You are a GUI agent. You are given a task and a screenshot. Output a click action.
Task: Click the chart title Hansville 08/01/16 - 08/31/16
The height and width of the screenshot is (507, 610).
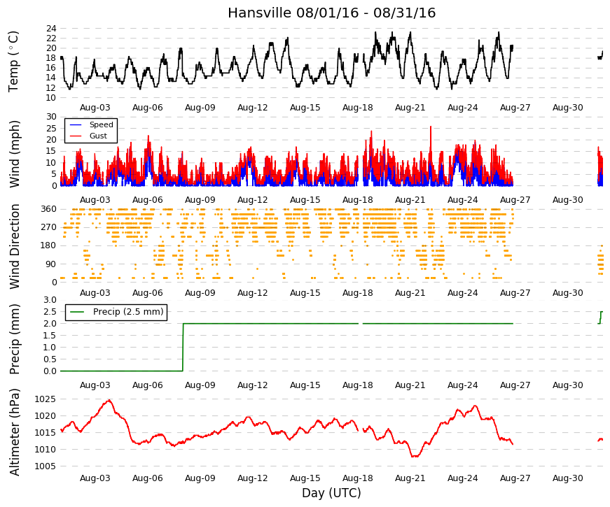click(x=331, y=13)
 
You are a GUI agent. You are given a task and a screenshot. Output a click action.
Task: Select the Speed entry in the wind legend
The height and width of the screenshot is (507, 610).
click(x=101, y=124)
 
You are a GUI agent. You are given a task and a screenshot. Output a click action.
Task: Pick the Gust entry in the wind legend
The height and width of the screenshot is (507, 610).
click(x=98, y=136)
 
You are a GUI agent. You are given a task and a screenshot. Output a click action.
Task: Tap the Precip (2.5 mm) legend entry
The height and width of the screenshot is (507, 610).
click(x=128, y=312)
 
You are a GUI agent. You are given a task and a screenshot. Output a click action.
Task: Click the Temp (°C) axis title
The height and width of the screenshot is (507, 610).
click(x=13, y=62)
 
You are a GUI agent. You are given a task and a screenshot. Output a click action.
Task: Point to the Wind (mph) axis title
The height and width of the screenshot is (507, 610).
click(x=14, y=154)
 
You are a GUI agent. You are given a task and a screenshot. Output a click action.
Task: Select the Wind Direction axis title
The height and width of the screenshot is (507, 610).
click(x=14, y=247)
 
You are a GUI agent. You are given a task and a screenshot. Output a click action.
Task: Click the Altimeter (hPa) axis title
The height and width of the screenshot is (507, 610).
click(x=14, y=432)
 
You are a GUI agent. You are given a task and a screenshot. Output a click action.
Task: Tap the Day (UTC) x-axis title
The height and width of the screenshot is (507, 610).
click(x=331, y=493)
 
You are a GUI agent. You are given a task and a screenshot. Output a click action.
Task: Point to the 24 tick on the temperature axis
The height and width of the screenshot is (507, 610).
click(x=51, y=29)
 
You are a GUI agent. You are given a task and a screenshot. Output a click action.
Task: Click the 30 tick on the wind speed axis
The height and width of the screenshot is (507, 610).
click(x=51, y=117)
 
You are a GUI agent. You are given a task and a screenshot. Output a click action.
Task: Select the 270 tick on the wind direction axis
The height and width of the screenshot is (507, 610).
click(x=48, y=227)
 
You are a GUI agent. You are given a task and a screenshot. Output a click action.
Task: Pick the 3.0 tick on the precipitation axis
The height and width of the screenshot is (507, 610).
click(x=50, y=300)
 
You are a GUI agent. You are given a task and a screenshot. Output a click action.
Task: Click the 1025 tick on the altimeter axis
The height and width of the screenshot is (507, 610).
click(x=45, y=399)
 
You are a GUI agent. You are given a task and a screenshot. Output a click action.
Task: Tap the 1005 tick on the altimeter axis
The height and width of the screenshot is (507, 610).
click(x=45, y=466)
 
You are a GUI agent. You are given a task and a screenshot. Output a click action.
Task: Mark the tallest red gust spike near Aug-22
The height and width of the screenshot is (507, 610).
click(x=431, y=127)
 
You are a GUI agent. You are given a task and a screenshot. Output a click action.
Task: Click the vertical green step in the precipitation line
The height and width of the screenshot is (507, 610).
click(x=183, y=348)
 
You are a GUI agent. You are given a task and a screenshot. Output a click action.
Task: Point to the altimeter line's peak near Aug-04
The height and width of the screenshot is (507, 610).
click(x=109, y=400)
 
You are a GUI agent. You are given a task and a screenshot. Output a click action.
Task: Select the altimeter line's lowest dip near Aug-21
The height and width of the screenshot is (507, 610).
click(x=415, y=456)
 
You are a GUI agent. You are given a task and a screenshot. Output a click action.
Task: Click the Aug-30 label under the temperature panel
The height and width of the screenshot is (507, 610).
click(x=567, y=108)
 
